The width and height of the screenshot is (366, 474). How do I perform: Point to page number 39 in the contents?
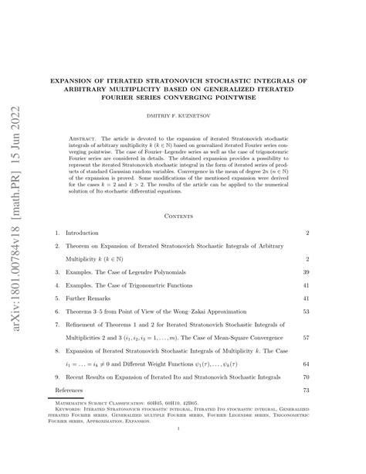[305, 272]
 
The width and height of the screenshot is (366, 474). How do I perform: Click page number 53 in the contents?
[305, 311]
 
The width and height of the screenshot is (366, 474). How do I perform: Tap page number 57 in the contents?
[305, 337]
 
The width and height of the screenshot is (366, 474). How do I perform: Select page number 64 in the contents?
[305, 363]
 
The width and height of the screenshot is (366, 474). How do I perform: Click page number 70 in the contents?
[305, 377]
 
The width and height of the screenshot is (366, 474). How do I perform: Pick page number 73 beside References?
[305, 391]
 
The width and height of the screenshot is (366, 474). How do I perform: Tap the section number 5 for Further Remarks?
[56, 298]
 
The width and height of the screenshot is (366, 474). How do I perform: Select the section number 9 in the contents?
[56, 377]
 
